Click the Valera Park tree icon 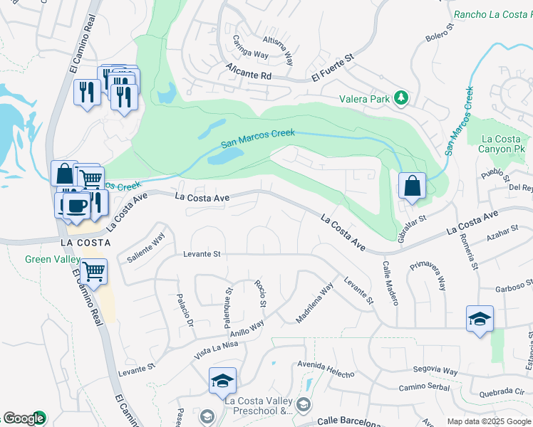[402, 99]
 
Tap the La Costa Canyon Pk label [502, 144]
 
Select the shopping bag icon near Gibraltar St [412, 187]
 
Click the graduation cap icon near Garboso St [480, 320]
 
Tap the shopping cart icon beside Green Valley [94, 271]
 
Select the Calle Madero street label [390, 283]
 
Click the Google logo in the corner [24, 418]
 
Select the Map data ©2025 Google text [489, 421]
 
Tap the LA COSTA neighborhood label [86, 242]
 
